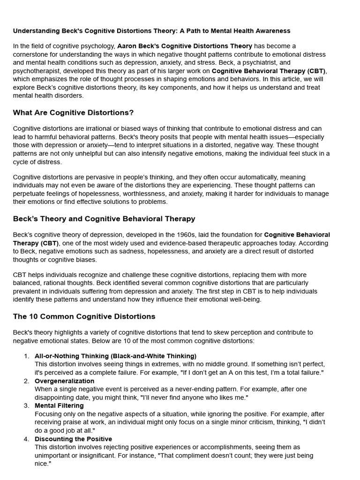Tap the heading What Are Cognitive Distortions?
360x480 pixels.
[73, 112]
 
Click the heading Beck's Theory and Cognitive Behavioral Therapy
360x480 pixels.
[104, 219]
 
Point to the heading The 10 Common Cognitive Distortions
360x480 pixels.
[84, 316]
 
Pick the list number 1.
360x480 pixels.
[26, 356]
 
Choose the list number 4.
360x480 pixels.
[26, 439]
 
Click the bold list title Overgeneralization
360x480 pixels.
[64, 381]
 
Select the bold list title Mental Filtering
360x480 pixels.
[59, 405]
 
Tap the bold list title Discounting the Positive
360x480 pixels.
[73, 439]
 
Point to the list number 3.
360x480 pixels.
[26, 405]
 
